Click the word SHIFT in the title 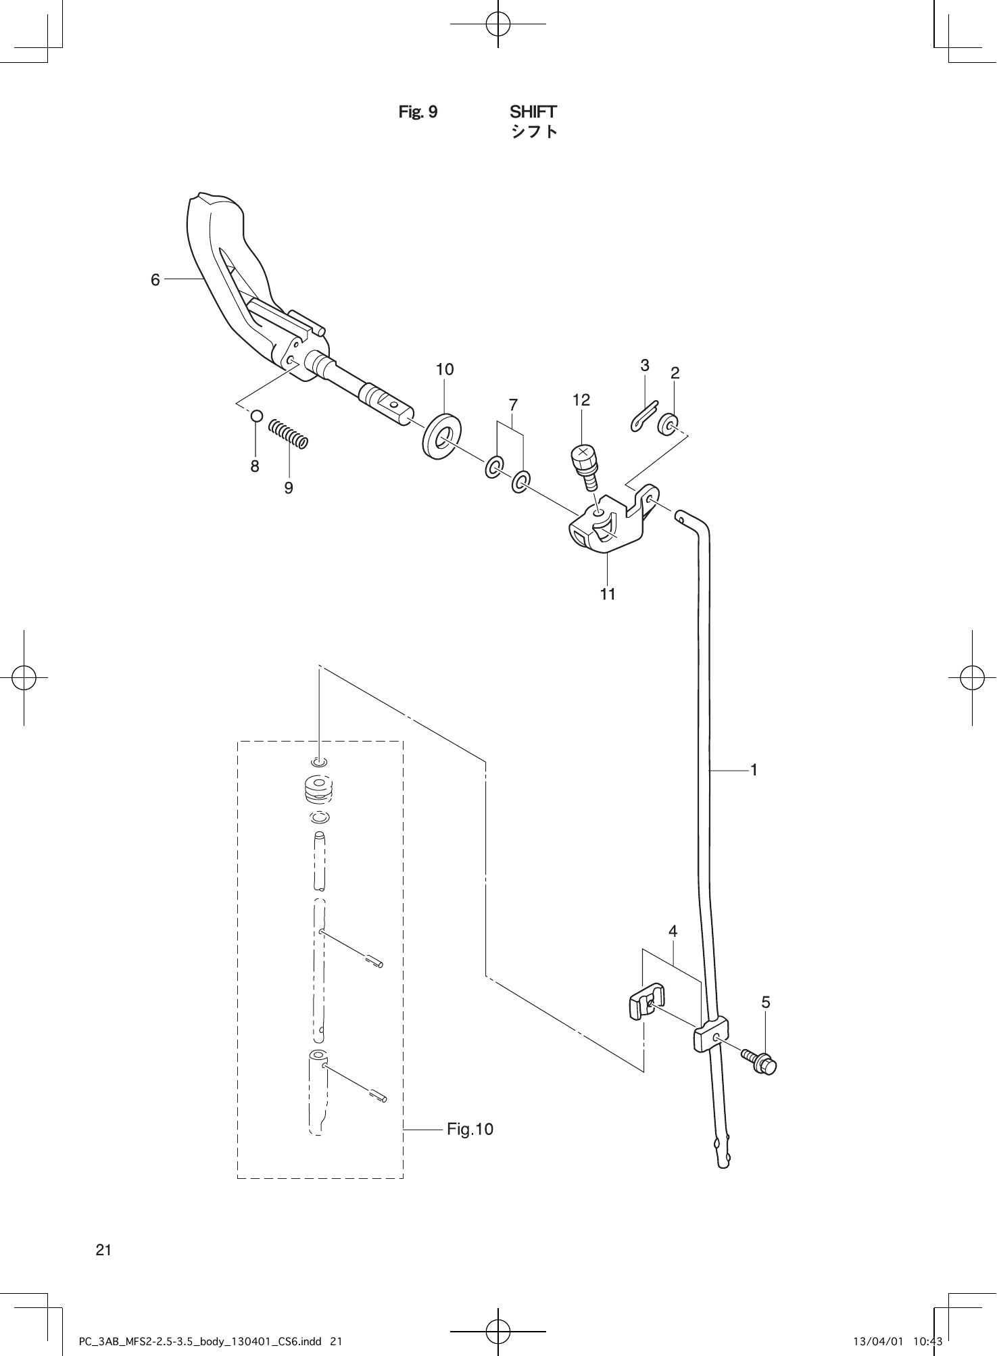click(x=533, y=112)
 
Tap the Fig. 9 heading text click(x=418, y=112)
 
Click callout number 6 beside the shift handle click(x=155, y=279)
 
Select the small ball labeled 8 click(x=256, y=416)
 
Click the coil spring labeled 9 click(x=288, y=433)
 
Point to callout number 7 click(x=513, y=405)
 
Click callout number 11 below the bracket click(x=608, y=594)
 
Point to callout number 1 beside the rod click(x=754, y=769)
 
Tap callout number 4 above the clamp click(x=673, y=931)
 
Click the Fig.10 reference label click(x=470, y=1130)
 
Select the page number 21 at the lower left click(x=103, y=1250)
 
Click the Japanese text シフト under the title click(x=534, y=131)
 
